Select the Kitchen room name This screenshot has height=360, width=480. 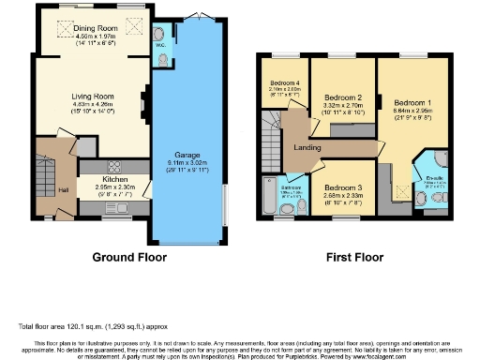click(115, 177)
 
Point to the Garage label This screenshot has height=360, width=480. click(187, 155)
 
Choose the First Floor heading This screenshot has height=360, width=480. click(354, 256)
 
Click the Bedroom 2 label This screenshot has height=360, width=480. click(343, 97)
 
